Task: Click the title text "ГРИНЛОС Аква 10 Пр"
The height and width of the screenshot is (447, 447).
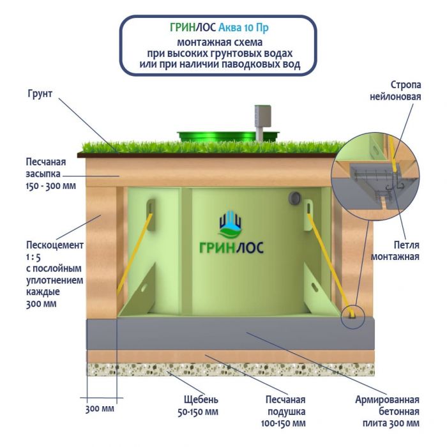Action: (219, 28)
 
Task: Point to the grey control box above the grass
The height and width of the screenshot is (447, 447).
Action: (261, 116)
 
